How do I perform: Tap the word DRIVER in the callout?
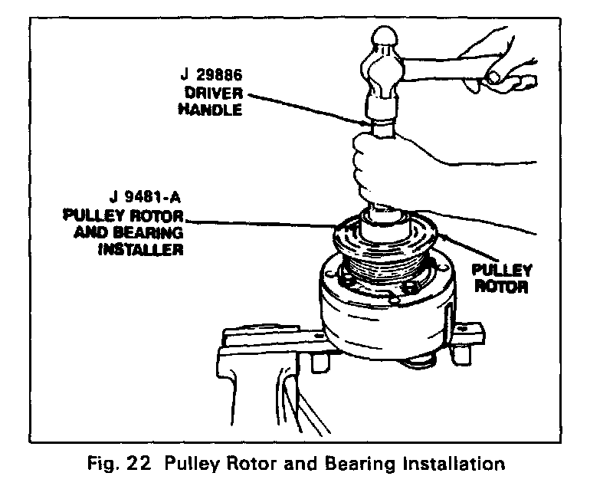coord(214,94)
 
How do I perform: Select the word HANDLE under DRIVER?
coord(210,110)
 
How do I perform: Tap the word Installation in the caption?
coord(456,464)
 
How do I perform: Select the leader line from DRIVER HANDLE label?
coord(306,107)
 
